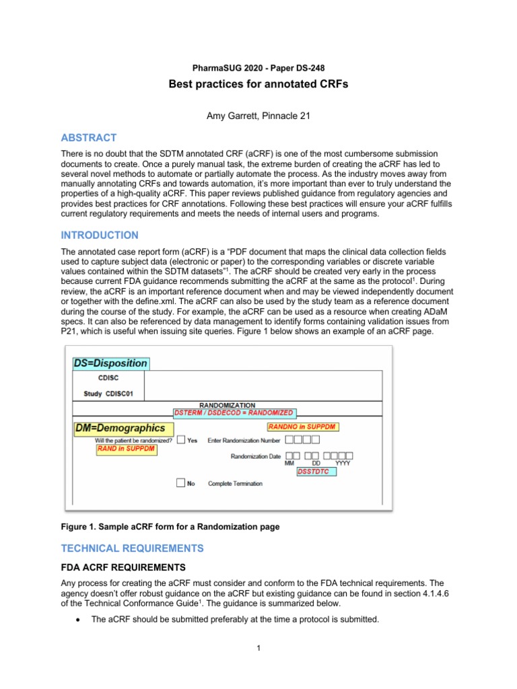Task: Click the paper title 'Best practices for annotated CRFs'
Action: tap(258, 85)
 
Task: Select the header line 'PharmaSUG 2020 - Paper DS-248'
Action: tap(258, 68)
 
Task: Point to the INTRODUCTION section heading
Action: tap(100, 235)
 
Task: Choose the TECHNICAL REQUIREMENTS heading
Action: tap(132, 548)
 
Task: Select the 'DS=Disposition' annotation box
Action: tap(110, 363)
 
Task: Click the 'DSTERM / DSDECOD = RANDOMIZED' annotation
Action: tap(234, 412)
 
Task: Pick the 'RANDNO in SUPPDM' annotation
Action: tap(302, 427)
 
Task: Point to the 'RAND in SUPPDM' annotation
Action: tap(125, 449)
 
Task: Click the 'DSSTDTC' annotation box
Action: tap(316, 472)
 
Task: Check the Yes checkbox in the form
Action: tap(180, 440)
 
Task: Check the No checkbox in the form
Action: tap(180, 483)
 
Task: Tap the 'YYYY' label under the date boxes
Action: tap(343, 464)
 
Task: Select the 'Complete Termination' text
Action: tap(235, 484)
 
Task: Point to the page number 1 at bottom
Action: tap(258, 649)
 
